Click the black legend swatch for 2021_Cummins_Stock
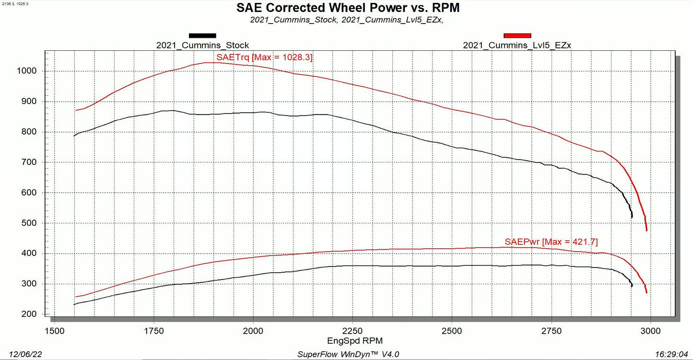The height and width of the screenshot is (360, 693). pos(202,35)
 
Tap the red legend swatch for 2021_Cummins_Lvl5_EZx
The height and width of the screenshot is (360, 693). pos(517,35)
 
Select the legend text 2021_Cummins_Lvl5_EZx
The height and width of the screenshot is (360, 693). pos(517,46)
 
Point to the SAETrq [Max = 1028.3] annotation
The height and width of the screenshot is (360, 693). pos(264,57)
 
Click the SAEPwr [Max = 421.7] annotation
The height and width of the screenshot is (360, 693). pos(551,242)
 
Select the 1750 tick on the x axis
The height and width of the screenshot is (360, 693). pos(154,331)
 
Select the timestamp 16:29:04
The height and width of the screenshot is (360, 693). pos(671,354)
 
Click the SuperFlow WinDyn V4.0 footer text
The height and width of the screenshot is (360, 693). pos(349,354)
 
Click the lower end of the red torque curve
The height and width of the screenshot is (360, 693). pos(646,230)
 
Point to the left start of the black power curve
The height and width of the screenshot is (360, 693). pos(74,304)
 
